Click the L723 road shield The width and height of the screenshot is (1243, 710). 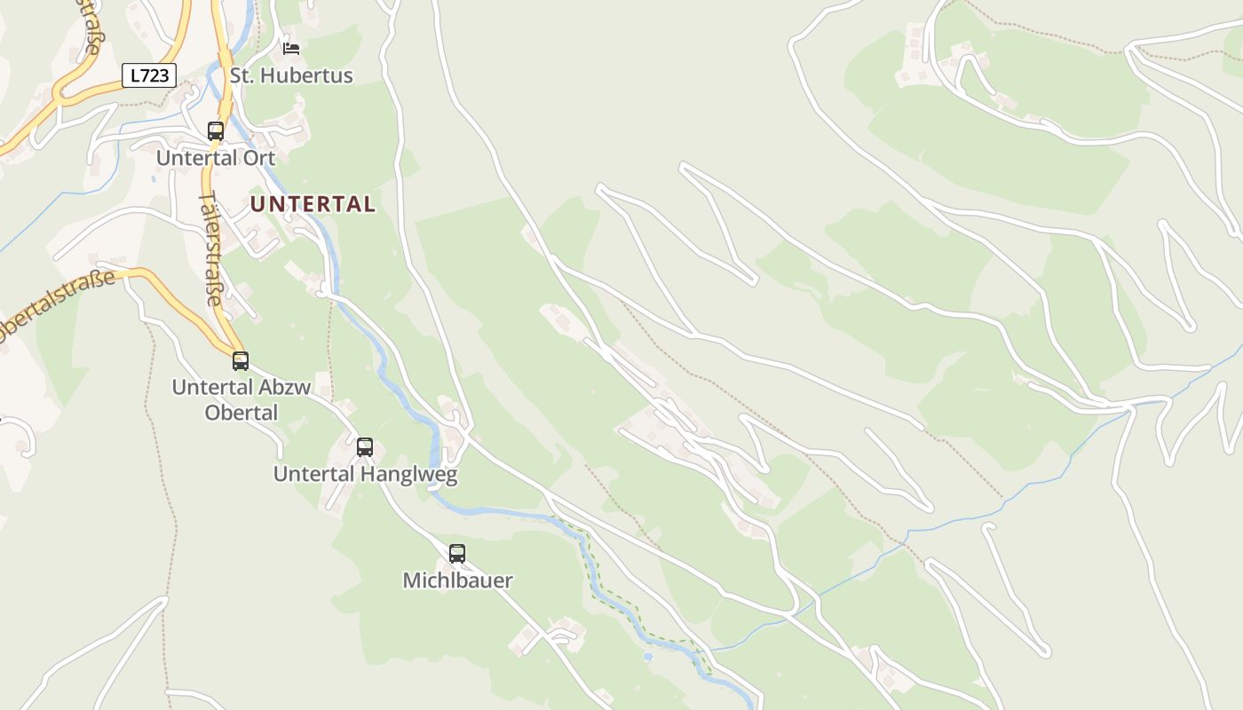[x=149, y=75]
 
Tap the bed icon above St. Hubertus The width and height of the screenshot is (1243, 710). [x=291, y=48]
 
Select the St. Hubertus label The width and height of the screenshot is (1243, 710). [x=291, y=75]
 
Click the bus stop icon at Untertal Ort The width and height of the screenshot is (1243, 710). [x=216, y=131]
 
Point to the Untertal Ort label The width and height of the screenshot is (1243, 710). [x=216, y=158]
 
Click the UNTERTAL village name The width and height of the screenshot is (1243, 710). [x=313, y=204]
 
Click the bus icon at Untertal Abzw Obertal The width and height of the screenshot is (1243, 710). [x=241, y=361]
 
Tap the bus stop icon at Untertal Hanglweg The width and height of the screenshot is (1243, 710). [x=365, y=447]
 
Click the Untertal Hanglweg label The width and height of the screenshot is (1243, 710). [x=365, y=475]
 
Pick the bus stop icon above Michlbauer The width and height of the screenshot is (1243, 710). [x=457, y=554]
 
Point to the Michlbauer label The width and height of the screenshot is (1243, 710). [x=457, y=581]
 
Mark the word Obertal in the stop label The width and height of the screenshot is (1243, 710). [x=241, y=413]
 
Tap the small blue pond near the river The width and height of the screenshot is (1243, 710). [x=648, y=657]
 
